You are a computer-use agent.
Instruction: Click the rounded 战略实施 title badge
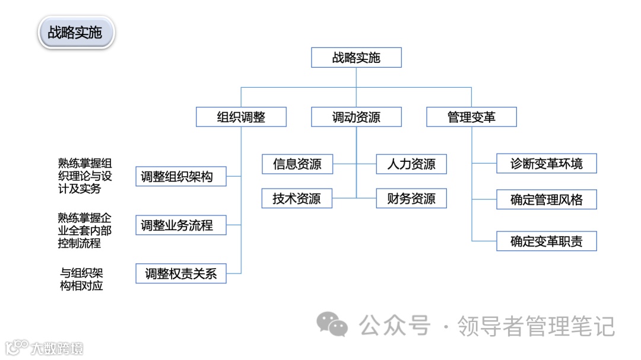pos(75,33)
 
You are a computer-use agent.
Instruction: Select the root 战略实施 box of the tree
pos(356,58)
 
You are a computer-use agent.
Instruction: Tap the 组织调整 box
pos(241,117)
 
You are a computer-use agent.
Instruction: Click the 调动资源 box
pos(356,117)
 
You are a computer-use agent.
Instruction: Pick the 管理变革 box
pos(471,117)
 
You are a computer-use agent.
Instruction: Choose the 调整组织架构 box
pos(180,176)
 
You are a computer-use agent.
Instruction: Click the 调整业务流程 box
pos(180,225)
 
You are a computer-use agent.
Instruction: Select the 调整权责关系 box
pos(180,273)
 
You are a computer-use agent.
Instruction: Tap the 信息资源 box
pos(297,164)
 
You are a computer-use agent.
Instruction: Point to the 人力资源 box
pos(411,164)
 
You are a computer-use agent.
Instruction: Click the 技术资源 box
pos(297,199)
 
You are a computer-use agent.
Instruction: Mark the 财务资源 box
pos(411,199)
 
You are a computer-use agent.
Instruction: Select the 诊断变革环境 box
pos(546,164)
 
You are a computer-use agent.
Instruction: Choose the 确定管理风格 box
pos(546,200)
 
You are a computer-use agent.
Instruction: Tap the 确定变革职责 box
pos(546,241)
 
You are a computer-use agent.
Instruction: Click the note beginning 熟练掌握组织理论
pos(85,176)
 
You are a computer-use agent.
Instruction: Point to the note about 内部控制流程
pos(85,230)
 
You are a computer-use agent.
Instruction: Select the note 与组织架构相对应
pos(82,279)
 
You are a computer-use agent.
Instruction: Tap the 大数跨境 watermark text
pos(58,348)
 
